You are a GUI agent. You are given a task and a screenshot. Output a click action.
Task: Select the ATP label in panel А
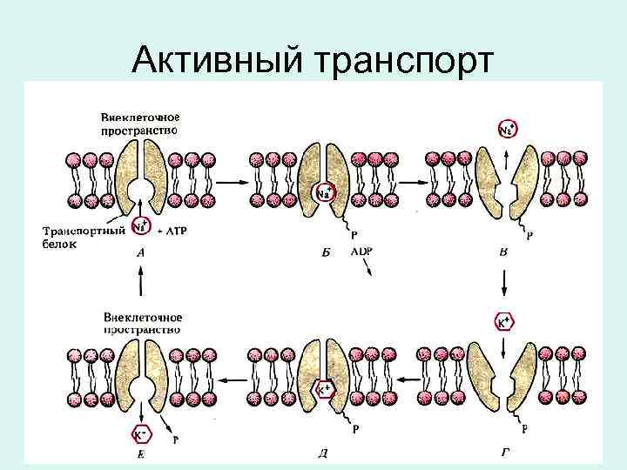177,230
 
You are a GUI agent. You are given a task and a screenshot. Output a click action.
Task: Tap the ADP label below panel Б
361,251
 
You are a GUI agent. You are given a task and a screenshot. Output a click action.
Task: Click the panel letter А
140,252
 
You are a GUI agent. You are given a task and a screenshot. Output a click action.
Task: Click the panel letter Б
324,252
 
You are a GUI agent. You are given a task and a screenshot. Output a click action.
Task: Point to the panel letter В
502,252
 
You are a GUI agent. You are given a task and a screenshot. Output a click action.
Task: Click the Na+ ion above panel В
508,130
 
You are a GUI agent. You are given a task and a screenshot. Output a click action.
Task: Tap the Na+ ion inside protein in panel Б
324,191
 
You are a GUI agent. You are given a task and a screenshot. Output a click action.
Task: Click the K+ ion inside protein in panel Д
323,389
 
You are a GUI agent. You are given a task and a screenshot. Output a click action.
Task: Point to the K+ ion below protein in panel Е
139,433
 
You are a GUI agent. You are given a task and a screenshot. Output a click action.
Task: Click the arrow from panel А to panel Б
229,183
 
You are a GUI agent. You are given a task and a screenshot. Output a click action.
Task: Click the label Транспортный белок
75,237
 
